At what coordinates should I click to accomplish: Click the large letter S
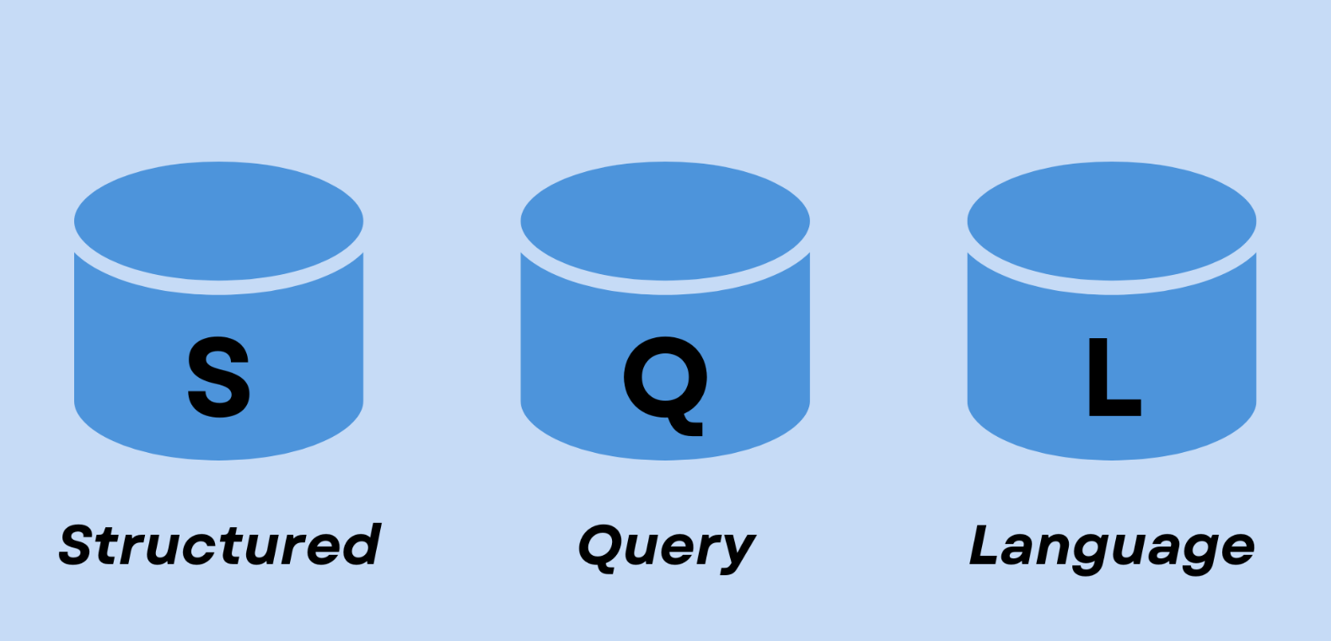coord(218,376)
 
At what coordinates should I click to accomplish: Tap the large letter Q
coord(665,378)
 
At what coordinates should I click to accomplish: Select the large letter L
coord(1112,377)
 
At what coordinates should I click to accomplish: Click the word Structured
coord(220,545)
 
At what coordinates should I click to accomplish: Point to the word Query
coord(667,548)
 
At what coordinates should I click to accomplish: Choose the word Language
coord(1112,548)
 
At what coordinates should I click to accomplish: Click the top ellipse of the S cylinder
coord(218,221)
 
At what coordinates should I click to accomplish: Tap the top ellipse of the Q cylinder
coord(665,221)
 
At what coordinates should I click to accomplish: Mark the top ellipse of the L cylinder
coord(1112,221)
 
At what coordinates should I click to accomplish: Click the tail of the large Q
coord(690,426)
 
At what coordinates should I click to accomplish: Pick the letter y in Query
coord(737,552)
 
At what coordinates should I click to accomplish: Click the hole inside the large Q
coord(664,376)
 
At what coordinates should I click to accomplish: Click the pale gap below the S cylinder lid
coord(218,288)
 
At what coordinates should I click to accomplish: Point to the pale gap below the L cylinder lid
coord(1112,288)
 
